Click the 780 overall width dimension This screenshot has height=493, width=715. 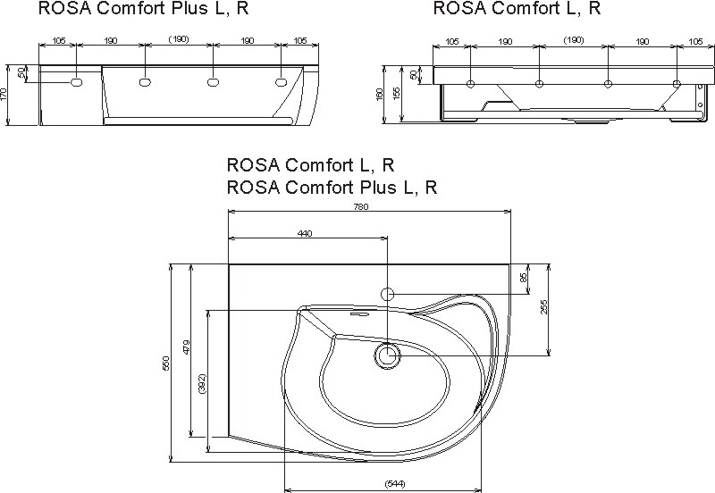pos(361,206)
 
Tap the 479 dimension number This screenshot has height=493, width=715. pos(185,347)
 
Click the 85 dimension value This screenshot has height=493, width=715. pos(524,279)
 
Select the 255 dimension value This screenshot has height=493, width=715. pos(544,306)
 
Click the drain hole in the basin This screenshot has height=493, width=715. pos(388,355)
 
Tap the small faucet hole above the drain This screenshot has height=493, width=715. pos(388,293)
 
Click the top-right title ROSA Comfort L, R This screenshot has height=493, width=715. pos(517,9)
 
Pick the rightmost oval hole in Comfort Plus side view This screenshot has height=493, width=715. pos(282,82)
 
